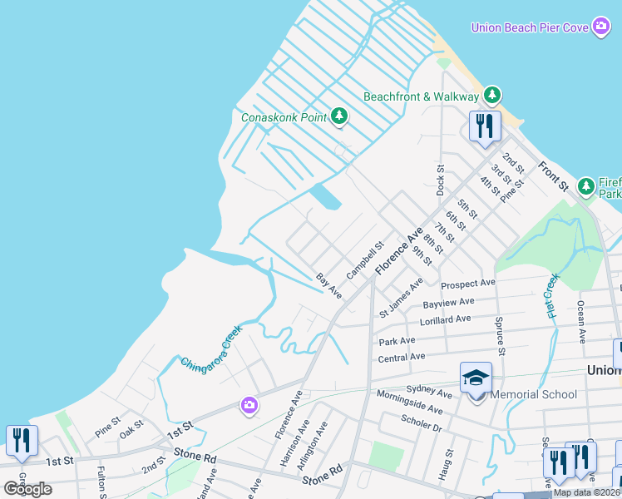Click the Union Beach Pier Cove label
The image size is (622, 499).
(x=530, y=27)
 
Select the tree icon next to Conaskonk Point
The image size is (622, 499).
(x=338, y=116)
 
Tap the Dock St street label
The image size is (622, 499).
(x=441, y=180)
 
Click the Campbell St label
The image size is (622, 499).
(x=364, y=259)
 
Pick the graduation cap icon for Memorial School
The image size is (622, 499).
(x=476, y=378)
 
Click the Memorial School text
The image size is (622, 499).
(x=533, y=394)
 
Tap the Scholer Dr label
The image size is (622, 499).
(x=421, y=423)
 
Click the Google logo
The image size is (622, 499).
(x=27, y=489)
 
